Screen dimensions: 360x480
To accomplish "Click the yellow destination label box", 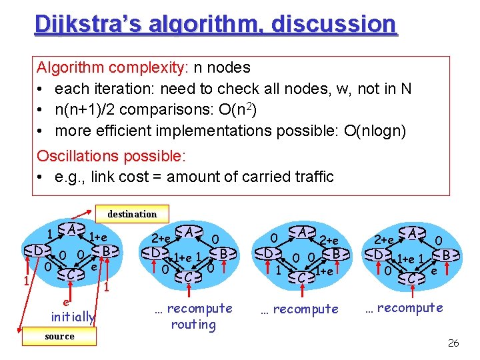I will pos(132,214).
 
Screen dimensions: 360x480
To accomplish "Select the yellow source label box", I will pos(59,337).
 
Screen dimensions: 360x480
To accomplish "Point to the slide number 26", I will pos(453,343).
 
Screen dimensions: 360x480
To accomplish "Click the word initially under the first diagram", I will pos(73,317).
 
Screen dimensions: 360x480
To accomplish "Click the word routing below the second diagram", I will pos(193,325).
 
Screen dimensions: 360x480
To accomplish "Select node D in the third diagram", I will pos(269,254).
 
